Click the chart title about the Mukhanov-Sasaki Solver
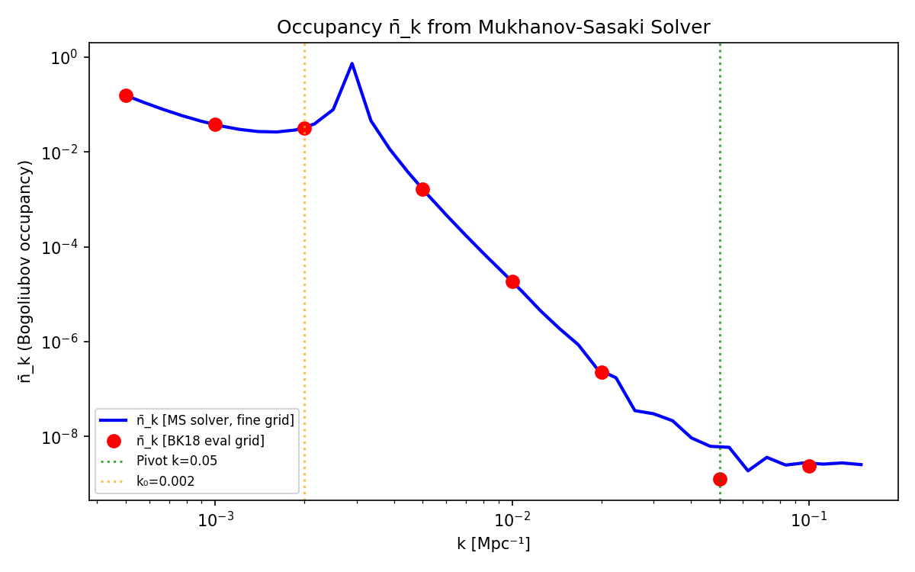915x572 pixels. pyautogui.click(x=493, y=27)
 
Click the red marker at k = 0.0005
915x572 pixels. pyautogui.click(x=126, y=95)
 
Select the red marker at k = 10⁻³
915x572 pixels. pyautogui.click(x=215, y=124)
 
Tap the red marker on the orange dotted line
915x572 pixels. pyautogui.click(x=304, y=128)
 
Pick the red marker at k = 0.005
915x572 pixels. pyautogui.click(x=422, y=189)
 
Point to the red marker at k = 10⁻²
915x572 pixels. pyautogui.click(x=512, y=281)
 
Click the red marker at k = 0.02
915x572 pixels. pyautogui.click(x=602, y=372)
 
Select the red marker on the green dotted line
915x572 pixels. pyautogui.click(x=720, y=479)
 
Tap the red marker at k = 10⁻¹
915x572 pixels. pyautogui.click(x=809, y=466)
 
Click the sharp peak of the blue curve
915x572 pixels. pyautogui.click(x=352, y=63)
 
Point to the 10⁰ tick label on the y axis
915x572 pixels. pyautogui.click(x=68, y=57)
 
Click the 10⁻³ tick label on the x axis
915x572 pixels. pyautogui.click(x=215, y=521)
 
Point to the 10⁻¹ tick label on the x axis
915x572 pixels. pyautogui.click(x=809, y=521)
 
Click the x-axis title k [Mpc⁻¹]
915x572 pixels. pyautogui.click(x=493, y=544)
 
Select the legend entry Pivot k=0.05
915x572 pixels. pyautogui.click(x=176, y=461)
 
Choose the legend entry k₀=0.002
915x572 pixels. pyautogui.click(x=165, y=480)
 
